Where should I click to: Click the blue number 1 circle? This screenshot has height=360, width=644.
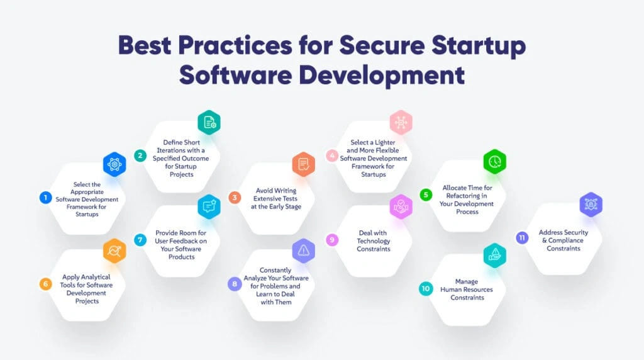45,198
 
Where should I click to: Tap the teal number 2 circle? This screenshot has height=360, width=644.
140,155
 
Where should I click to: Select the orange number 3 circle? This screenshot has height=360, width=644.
235,198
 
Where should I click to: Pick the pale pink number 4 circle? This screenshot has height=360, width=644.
332,155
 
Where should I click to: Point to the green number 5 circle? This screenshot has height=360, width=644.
426,195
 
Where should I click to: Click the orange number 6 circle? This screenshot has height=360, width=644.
45,284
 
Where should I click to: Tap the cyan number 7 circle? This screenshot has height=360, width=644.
140,240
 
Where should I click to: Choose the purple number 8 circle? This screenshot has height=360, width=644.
235,284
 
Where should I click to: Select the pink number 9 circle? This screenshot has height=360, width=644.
332,240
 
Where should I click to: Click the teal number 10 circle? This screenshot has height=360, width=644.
426,288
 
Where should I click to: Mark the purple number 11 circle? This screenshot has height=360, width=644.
522,237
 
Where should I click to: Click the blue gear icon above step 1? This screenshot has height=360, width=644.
114,164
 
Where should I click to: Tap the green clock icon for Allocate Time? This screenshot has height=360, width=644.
495,162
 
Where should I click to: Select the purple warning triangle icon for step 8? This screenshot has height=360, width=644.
304,250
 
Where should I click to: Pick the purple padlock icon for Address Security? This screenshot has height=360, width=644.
591,205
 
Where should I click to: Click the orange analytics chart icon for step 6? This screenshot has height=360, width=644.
114,250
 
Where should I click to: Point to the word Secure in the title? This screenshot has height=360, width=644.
382,45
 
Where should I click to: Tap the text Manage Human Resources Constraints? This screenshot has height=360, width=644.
467,290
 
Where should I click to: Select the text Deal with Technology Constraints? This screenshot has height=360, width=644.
374,241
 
